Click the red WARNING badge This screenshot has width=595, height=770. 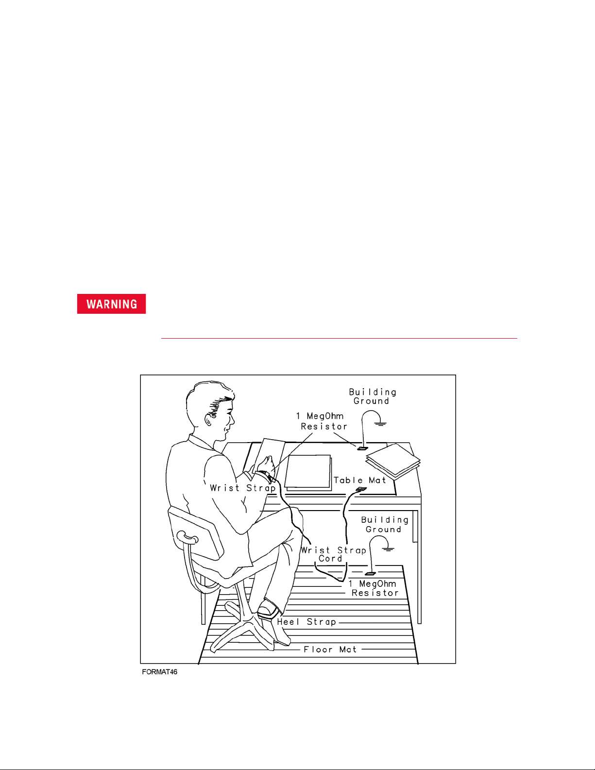pyautogui.click(x=111, y=304)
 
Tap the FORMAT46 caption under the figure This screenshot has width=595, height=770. pyautogui.click(x=159, y=672)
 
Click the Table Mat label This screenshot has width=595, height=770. pyautogui.click(x=359, y=480)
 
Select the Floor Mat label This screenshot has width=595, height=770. pyautogui.click(x=330, y=650)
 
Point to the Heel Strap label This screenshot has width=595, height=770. pyautogui.click(x=306, y=622)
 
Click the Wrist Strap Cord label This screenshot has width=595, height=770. pyautogui.click(x=333, y=555)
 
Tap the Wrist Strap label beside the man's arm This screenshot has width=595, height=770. pyautogui.click(x=242, y=488)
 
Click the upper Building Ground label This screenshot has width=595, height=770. pyautogui.click(x=373, y=396)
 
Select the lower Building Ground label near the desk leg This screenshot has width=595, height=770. pyautogui.click(x=385, y=525)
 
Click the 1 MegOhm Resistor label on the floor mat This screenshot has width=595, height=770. pyautogui.click(x=374, y=588)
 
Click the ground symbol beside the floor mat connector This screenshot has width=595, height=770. pyautogui.click(x=388, y=549)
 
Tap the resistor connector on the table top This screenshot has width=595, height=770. pyautogui.click(x=362, y=448)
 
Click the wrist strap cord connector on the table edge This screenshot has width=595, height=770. pyautogui.click(x=361, y=489)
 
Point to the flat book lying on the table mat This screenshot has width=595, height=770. pyautogui.click(x=308, y=472)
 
